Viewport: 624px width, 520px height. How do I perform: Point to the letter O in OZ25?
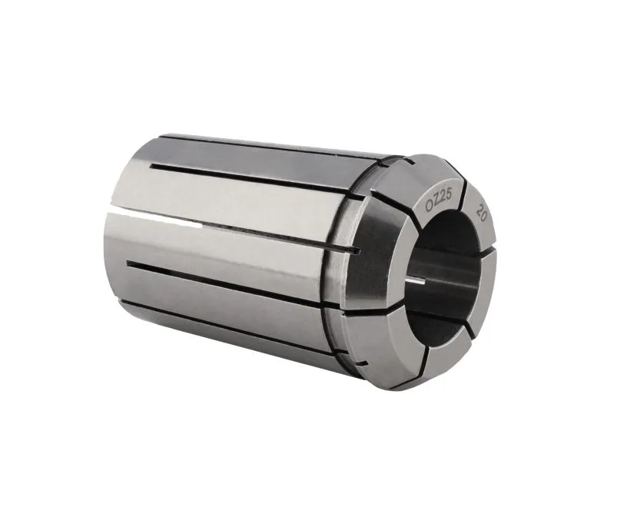pyautogui.click(x=429, y=206)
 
